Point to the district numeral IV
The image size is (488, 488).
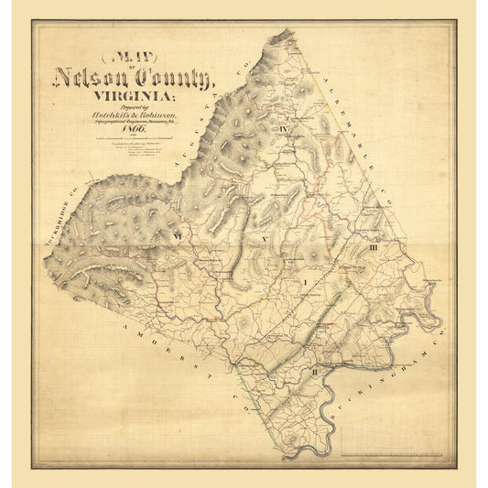pos(284,129)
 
